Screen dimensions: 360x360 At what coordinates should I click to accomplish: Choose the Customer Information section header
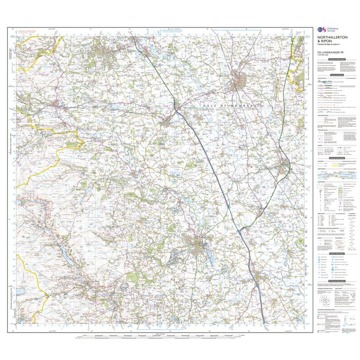[336, 59]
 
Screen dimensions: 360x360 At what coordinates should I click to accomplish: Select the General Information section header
[336, 158]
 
